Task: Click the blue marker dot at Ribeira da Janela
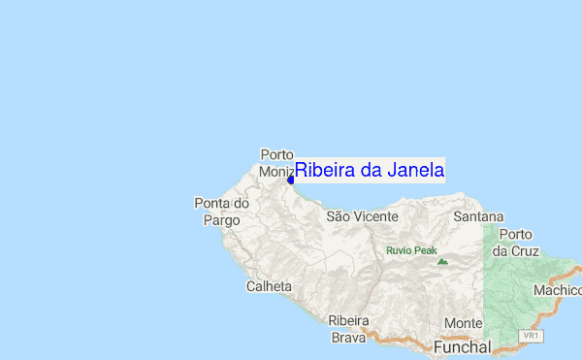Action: pyautogui.click(x=290, y=180)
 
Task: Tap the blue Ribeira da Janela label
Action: pyautogui.click(x=370, y=170)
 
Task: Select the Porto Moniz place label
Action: pyautogui.click(x=277, y=163)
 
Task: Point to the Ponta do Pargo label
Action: pyautogui.click(x=221, y=212)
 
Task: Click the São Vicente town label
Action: pyautogui.click(x=361, y=216)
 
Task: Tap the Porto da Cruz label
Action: pyautogui.click(x=514, y=242)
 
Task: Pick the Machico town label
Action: pyautogui.click(x=556, y=290)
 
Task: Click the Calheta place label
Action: pyautogui.click(x=269, y=286)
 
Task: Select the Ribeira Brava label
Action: pyautogui.click(x=348, y=329)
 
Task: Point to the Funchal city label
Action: pyautogui.click(x=462, y=346)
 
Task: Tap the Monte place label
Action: pyautogui.click(x=463, y=323)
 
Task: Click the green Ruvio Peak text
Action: pyautogui.click(x=411, y=250)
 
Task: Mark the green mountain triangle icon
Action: pyautogui.click(x=442, y=260)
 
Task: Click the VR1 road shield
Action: pyautogui.click(x=530, y=336)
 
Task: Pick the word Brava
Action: pyautogui.click(x=348, y=338)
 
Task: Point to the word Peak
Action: pyautogui.click(x=426, y=250)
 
